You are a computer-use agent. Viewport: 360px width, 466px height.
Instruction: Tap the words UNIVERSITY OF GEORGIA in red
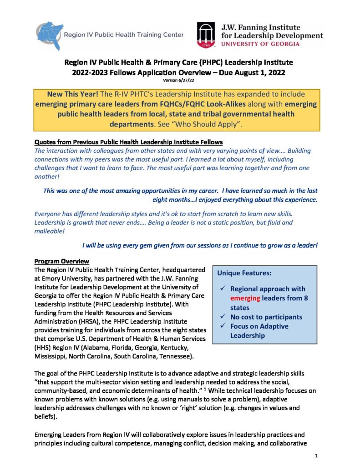tap(260, 44)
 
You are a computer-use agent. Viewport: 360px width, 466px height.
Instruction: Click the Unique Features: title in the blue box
tap(244, 274)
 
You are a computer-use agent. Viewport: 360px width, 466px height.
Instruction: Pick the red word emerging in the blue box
tap(247, 298)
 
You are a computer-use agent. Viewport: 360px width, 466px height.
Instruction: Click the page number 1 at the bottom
tap(315, 456)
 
